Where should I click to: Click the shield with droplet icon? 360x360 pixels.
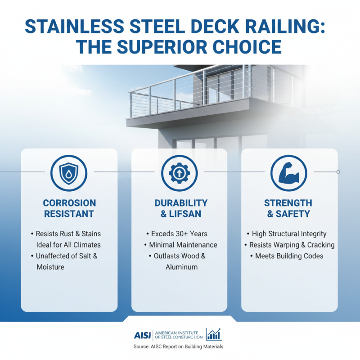pos(69,172)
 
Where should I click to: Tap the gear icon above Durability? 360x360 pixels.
pos(179,172)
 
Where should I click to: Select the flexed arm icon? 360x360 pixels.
pos(289,172)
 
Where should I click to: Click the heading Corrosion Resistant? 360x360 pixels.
pos(69,208)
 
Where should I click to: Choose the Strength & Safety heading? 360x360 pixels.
pos(288,208)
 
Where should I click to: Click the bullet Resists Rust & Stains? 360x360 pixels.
pos(68,234)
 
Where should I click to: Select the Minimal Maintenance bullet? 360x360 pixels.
pos(180,245)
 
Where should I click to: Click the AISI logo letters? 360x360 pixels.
pos(143,335)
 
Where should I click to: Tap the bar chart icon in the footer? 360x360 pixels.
pos(214,334)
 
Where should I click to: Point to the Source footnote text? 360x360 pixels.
pos(179,347)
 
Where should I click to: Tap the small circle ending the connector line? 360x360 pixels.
pos(338,172)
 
